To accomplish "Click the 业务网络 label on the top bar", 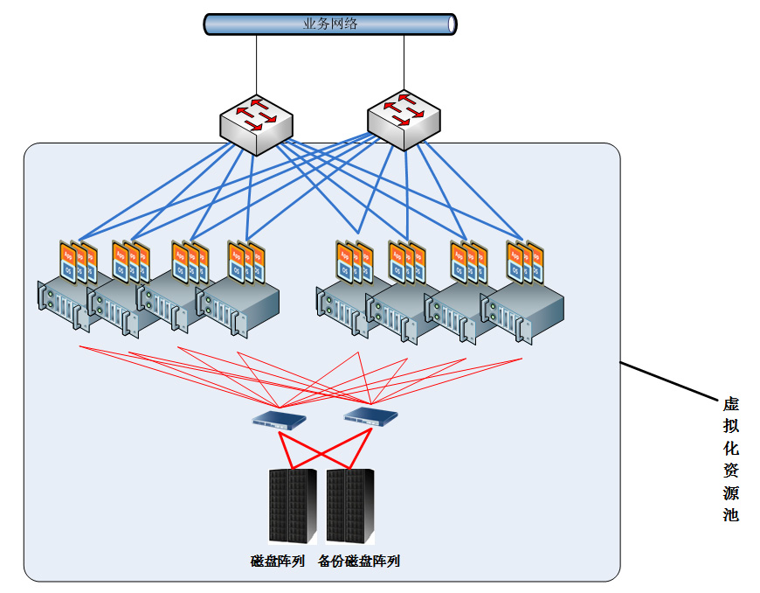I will [330, 24].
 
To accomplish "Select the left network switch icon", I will [255, 125].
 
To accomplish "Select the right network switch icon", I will [404, 120].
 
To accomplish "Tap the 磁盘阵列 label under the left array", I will [278, 562].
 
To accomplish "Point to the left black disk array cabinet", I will [292, 506].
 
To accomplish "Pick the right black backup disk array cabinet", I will [350, 506].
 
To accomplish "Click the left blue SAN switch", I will [280, 419].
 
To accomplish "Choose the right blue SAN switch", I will [370, 414].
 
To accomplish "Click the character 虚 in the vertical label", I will [731, 404].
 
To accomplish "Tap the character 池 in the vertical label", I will [731, 515].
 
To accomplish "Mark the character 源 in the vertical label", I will [731, 492].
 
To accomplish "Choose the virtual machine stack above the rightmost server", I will [525, 262].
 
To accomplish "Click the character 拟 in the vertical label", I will [731, 426].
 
